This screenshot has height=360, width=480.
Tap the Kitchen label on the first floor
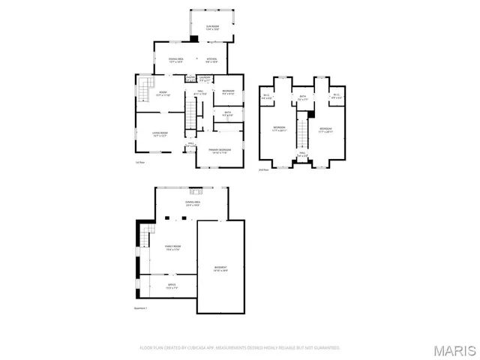(x=212, y=60)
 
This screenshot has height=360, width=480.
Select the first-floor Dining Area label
(x=176, y=60)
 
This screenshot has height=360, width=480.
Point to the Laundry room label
(x=204, y=78)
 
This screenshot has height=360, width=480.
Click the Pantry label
(x=190, y=78)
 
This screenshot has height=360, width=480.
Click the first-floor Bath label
(x=227, y=114)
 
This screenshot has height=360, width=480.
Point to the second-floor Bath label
(x=303, y=97)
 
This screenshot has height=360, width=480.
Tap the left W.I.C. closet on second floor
(x=267, y=96)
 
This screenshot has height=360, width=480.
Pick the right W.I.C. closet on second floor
(x=337, y=96)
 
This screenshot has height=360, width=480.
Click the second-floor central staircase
(x=302, y=133)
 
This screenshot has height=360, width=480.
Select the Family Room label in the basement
(x=175, y=248)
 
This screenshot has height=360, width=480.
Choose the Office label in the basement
(x=172, y=286)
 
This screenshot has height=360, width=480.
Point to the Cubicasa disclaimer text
(x=240, y=348)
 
